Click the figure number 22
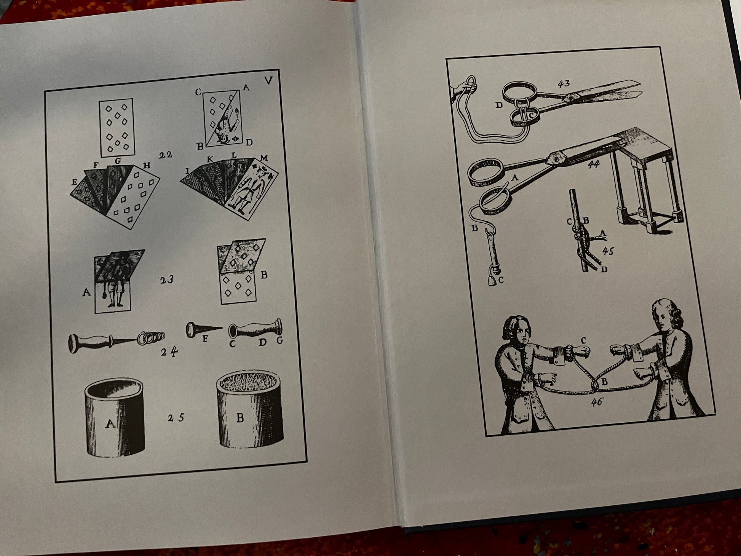pyautogui.click(x=166, y=154)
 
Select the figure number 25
pyautogui.click(x=176, y=418)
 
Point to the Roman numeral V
pyautogui.click(x=268, y=81)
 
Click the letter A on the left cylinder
pyautogui.click(x=110, y=423)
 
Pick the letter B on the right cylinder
pyautogui.click(x=240, y=418)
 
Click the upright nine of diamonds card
pyautogui.click(x=116, y=128)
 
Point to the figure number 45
pyautogui.click(x=608, y=251)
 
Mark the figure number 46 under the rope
pyautogui.click(x=597, y=401)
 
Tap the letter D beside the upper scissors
pyautogui.click(x=500, y=105)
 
